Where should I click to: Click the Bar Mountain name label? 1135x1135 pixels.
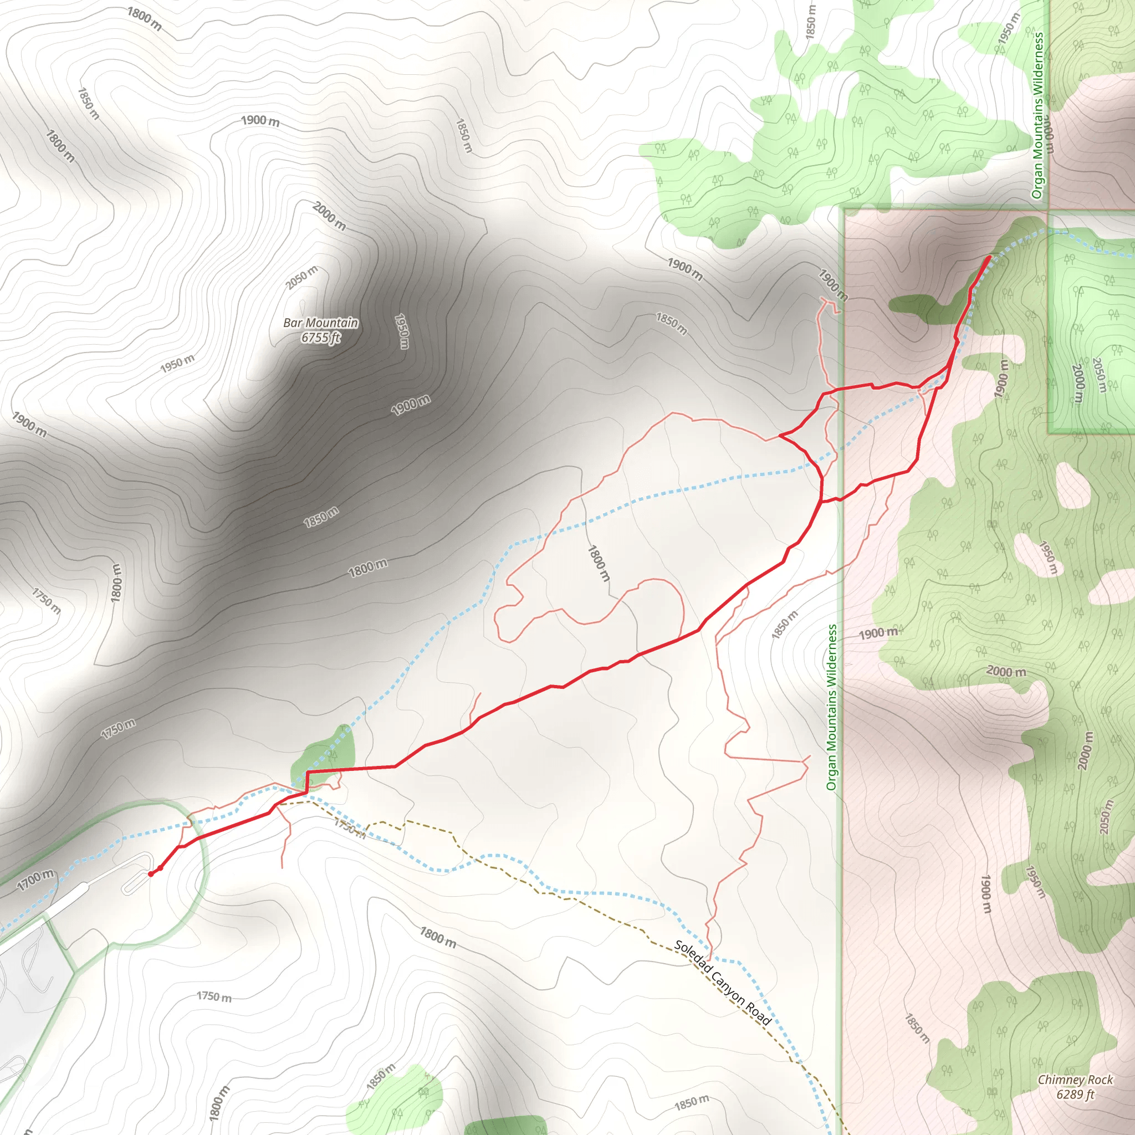pos(320,323)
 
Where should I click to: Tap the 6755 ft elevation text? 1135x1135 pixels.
pos(320,338)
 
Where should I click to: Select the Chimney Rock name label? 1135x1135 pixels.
pos(1075,1080)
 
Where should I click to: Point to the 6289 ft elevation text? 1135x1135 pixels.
pos(1075,1095)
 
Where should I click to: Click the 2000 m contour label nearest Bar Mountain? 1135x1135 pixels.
pos(329,216)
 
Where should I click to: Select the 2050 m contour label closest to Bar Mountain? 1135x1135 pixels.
pos(302,277)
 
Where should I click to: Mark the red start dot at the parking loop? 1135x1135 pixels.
pos(151,874)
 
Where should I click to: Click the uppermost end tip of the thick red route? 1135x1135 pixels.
pos(990,257)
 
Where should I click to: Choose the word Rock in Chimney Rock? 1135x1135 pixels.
pos(1100,1080)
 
